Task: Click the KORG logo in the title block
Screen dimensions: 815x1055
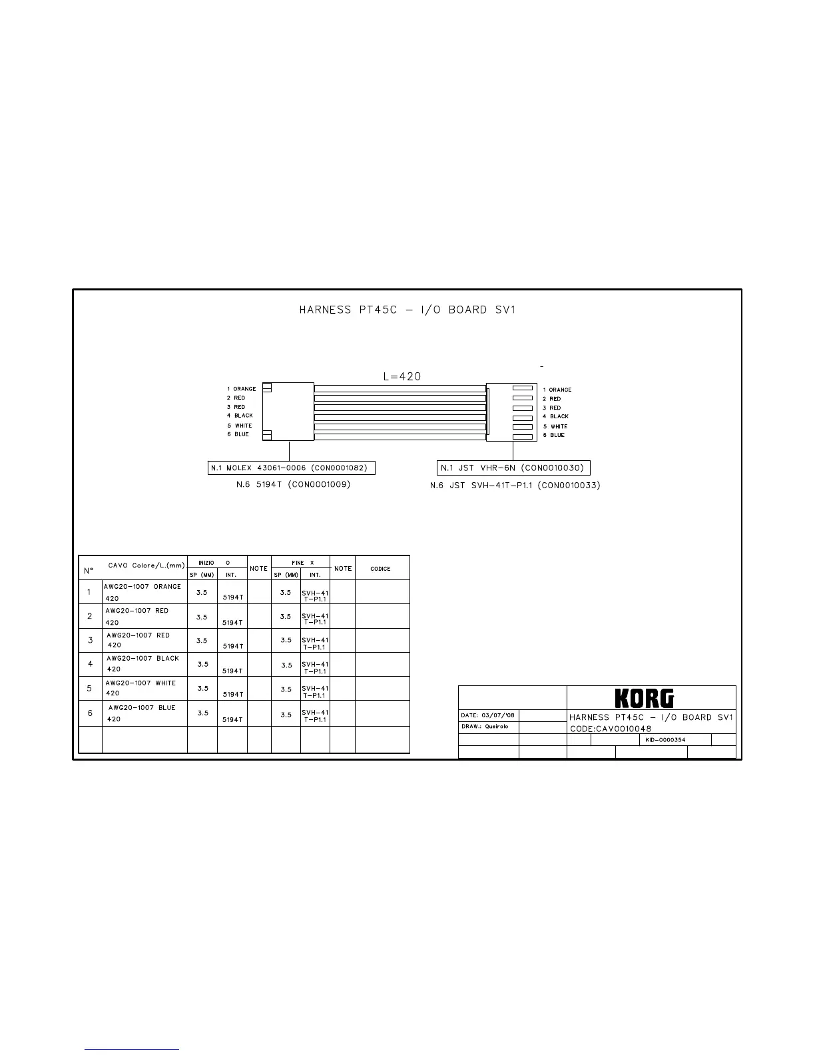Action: [x=644, y=698]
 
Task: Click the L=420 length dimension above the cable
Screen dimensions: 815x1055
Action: [x=402, y=376]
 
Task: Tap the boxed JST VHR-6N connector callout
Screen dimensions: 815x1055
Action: [x=513, y=468]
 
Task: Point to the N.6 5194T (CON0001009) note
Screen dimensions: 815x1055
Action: [x=293, y=485]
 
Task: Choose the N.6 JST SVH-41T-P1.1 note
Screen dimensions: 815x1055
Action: [x=515, y=486]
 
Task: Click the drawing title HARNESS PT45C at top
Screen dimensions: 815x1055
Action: [x=407, y=310]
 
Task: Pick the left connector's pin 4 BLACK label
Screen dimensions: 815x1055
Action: [x=240, y=416]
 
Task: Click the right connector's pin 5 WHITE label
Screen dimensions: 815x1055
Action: [x=555, y=426]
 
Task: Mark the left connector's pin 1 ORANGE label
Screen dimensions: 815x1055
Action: [x=241, y=389]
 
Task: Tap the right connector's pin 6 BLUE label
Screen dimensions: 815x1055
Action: [x=553, y=435]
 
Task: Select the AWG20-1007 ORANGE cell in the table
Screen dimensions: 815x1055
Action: [x=142, y=587]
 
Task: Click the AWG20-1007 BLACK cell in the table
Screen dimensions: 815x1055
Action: [x=142, y=659]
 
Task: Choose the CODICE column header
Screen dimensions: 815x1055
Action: [x=380, y=569]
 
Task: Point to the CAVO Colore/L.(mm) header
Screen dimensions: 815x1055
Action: [x=146, y=565]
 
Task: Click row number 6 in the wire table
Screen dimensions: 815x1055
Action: [x=91, y=713]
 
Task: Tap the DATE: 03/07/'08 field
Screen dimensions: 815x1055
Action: [x=488, y=716]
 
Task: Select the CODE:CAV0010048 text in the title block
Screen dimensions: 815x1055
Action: [x=611, y=729]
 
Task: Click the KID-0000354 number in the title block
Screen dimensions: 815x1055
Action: [x=665, y=740]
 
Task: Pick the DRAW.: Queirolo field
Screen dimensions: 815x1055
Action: [x=485, y=727]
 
